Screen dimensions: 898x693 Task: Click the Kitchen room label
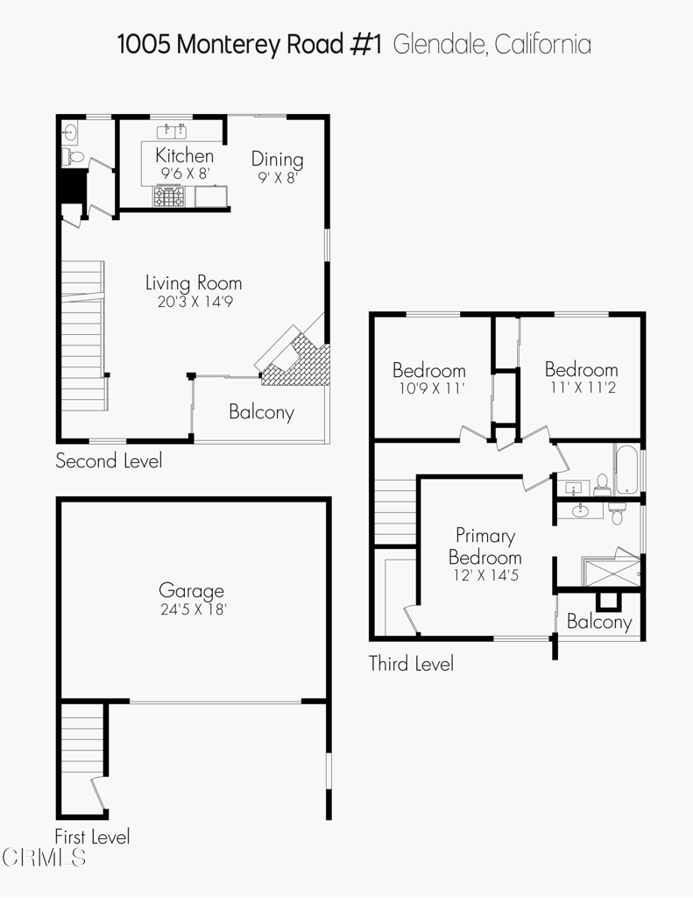[184, 155]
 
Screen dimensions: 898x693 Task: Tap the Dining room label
[277, 159]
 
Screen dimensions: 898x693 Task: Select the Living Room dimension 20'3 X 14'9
[194, 302]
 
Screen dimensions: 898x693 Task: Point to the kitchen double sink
[172, 132]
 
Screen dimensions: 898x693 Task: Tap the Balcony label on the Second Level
[261, 412]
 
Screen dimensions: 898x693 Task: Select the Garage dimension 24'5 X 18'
[192, 609]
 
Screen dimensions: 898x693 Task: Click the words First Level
[92, 837]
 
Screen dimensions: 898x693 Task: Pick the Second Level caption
[109, 460]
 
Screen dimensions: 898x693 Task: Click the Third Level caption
[411, 664]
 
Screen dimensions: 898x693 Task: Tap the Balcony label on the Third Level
[599, 622]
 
